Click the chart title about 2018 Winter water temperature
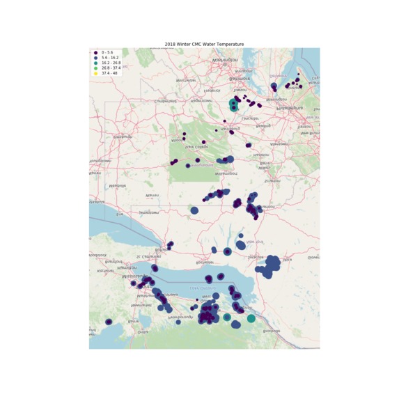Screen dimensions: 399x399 205,44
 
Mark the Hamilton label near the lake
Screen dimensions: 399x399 127,267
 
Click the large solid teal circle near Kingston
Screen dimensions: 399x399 251,318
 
